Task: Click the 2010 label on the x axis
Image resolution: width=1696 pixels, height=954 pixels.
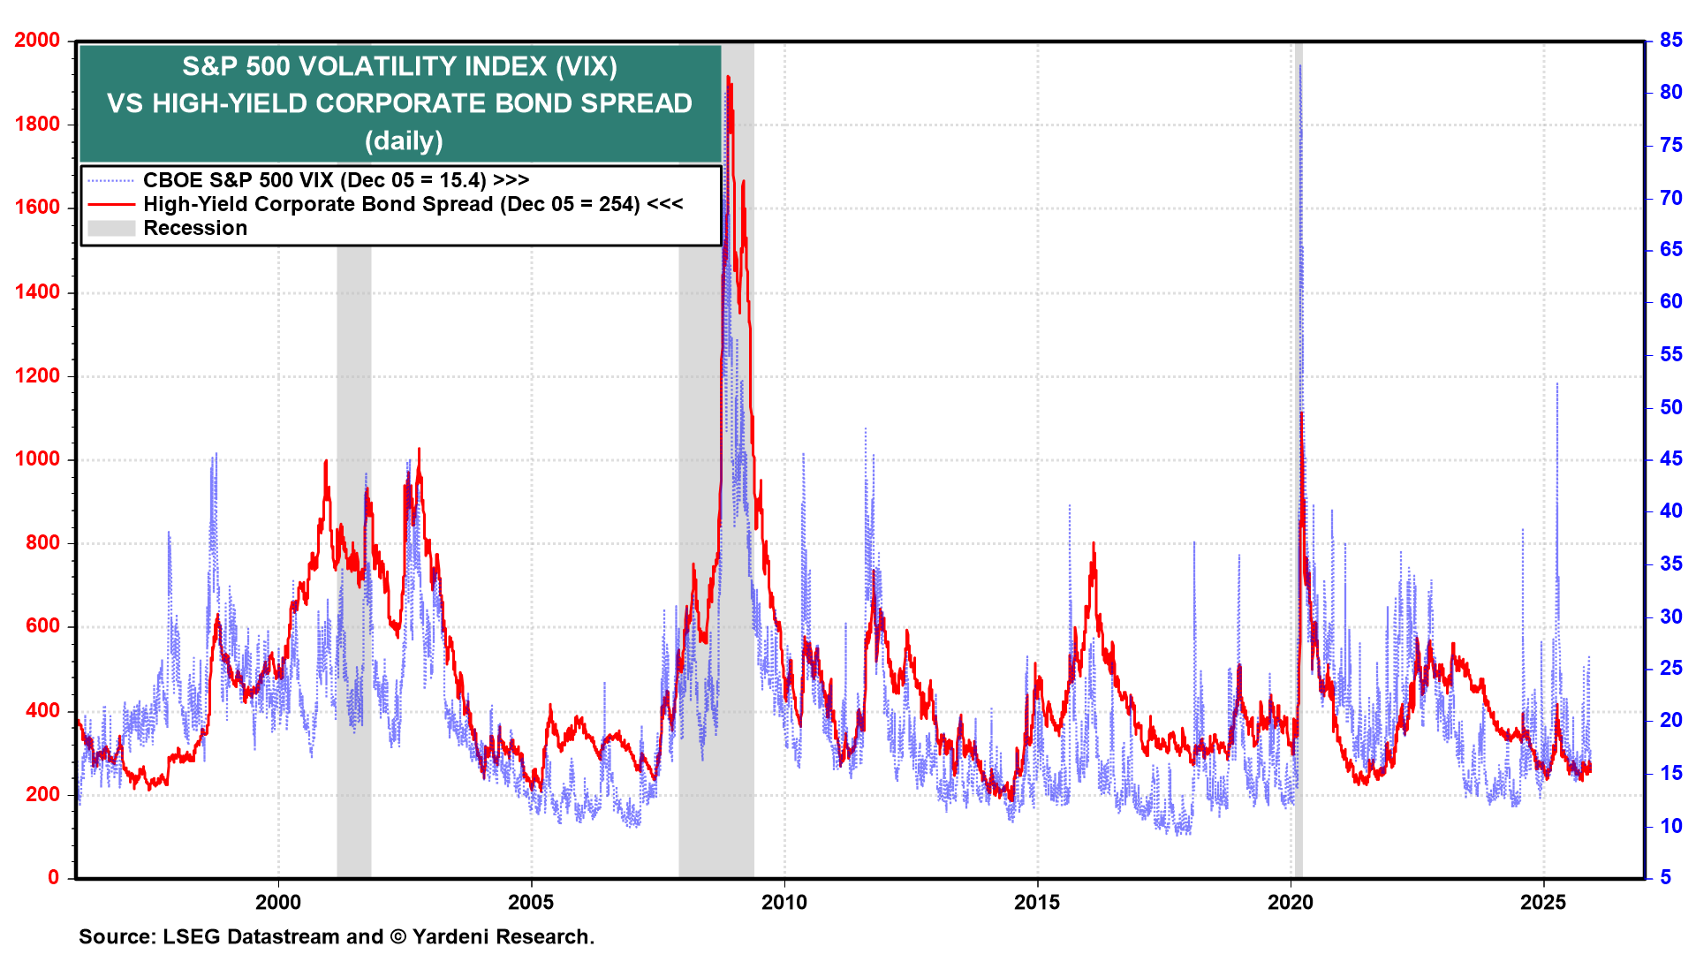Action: click(784, 902)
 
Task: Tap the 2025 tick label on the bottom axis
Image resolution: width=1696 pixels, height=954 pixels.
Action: click(1542, 902)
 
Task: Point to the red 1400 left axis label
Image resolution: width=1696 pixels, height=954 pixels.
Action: click(37, 291)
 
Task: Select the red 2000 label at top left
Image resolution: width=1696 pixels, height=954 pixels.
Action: click(37, 40)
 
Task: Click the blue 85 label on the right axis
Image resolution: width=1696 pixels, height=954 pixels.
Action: click(1670, 40)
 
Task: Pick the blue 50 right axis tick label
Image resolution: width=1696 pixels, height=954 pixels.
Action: click(1670, 407)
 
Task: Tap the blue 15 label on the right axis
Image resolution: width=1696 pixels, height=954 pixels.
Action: click(1670, 773)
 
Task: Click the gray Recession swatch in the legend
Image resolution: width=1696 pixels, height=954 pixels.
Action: click(111, 228)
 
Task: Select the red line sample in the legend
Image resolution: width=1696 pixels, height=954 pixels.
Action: click(111, 204)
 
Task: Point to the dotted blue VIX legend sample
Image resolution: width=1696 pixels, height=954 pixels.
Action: click(111, 180)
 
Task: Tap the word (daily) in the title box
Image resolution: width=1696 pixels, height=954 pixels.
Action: click(404, 140)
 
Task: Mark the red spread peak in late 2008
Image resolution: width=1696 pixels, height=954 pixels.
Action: click(728, 78)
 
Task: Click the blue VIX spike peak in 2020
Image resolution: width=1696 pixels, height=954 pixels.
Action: click(1299, 66)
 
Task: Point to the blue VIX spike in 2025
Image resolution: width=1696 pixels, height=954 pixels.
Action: click(1556, 383)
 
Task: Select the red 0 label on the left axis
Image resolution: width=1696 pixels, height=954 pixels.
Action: click(54, 877)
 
